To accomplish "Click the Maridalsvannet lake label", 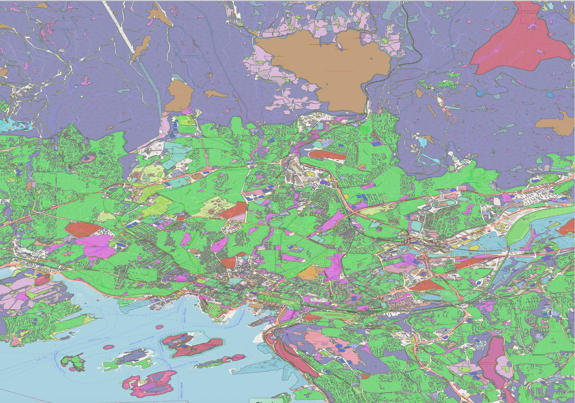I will (x=340, y=71).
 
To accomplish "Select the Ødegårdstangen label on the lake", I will (x=320, y=44).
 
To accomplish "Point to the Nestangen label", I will (x=342, y=49).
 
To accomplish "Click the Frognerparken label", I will (x=96, y=247).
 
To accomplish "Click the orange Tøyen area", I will (x=308, y=273).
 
